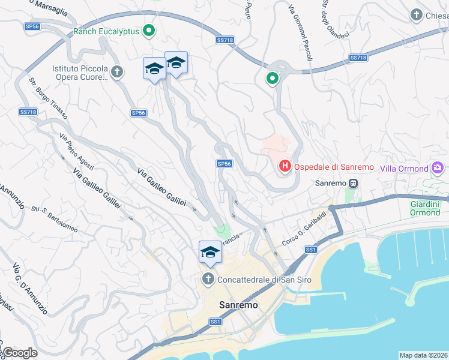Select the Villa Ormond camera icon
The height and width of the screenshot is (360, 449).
tap(438, 168)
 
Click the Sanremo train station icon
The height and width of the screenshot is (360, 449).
tap(354, 183)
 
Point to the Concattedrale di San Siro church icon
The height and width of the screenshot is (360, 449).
tap(208, 279)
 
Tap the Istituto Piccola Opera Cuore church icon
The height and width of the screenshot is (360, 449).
tap(117, 73)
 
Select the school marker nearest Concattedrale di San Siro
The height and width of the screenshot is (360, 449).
tap(210, 252)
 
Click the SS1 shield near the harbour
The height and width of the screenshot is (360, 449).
tap(310, 250)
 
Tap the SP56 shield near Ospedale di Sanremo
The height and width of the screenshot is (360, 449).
tap(224, 163)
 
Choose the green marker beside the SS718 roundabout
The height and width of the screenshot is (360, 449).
tap(273, 78)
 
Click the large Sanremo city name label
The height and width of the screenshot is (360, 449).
tap(238, 304)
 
